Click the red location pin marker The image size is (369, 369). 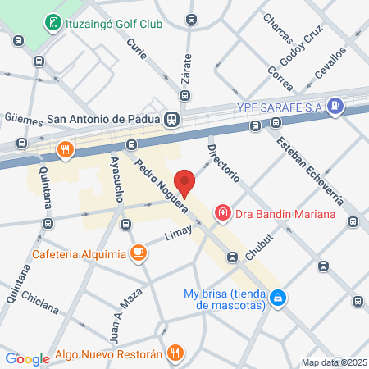coord(185,184)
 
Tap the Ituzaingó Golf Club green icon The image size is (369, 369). coord(52,22)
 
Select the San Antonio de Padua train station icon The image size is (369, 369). coord(171,119)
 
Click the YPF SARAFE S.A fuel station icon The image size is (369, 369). coord(335,106)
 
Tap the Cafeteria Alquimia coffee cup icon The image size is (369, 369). coord(139,253)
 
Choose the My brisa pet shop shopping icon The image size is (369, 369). coord(279,297)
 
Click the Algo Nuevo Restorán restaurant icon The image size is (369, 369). coord(174,353)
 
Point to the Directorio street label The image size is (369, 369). coord(223,163)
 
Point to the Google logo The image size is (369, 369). coord(27,358)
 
